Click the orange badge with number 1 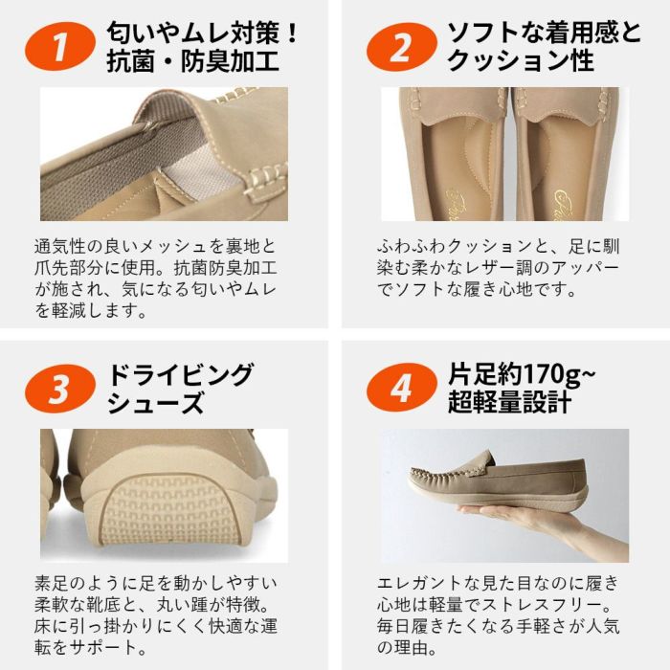(x=61, y=47)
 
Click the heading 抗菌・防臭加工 (x=192, y=64)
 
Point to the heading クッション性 (x=521, y=64)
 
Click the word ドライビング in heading (x=181, y=372)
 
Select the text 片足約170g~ (x=522, y=372)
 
